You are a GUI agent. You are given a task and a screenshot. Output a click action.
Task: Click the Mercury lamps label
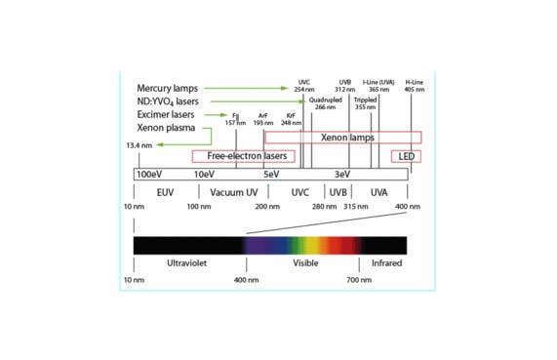pos(167,89)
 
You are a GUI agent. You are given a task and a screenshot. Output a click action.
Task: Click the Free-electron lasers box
pos(243,156)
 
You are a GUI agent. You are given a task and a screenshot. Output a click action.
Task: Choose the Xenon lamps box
pos(348,138)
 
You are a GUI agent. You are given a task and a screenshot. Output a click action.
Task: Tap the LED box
pos(406,156)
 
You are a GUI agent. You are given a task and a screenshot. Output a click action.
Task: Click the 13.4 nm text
pos(139,145)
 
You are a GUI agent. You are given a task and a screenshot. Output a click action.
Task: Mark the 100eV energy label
pos(149,174)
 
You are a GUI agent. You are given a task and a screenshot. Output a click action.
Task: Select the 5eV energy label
pos(271,174)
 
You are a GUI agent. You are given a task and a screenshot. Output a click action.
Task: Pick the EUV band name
pos(165,192)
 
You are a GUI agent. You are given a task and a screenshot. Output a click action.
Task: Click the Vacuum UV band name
pos(232,192)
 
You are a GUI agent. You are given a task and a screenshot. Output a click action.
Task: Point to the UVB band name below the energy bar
pos(338,192)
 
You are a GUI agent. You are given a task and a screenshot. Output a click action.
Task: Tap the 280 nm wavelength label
pos(324,207)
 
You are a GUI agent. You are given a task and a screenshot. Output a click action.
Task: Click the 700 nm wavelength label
pos(359,279)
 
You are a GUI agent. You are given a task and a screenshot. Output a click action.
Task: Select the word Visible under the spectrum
pos(305,263)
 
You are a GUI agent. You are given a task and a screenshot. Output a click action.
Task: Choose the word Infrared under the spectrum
pos(386,263)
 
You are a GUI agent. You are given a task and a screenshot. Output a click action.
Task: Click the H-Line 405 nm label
pos(414,85)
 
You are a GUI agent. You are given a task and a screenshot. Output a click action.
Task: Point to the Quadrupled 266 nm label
pos(325,103)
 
